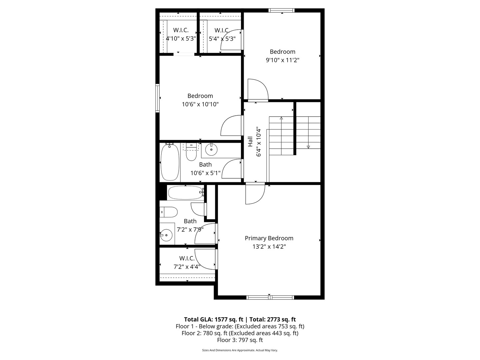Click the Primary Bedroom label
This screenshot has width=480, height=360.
click(269, 238)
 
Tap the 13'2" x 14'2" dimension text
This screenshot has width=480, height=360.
click(269, 247)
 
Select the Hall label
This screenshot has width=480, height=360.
click(250, 142)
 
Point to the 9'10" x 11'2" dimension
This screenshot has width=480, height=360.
click(282, 60)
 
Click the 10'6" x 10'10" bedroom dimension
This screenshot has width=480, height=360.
click(200, 104)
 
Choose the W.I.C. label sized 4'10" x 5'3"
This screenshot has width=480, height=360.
click(181, 30)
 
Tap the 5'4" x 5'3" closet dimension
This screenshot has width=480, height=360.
click(222, 39)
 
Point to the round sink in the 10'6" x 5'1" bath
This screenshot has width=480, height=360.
click(211, 150)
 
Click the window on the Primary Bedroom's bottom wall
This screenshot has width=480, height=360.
click(270, 297)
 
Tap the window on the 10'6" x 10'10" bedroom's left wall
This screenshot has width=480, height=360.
click(157, 98)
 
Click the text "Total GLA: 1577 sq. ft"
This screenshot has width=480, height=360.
click(214, 319)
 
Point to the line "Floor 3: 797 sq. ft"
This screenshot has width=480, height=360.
click(240, 340)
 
